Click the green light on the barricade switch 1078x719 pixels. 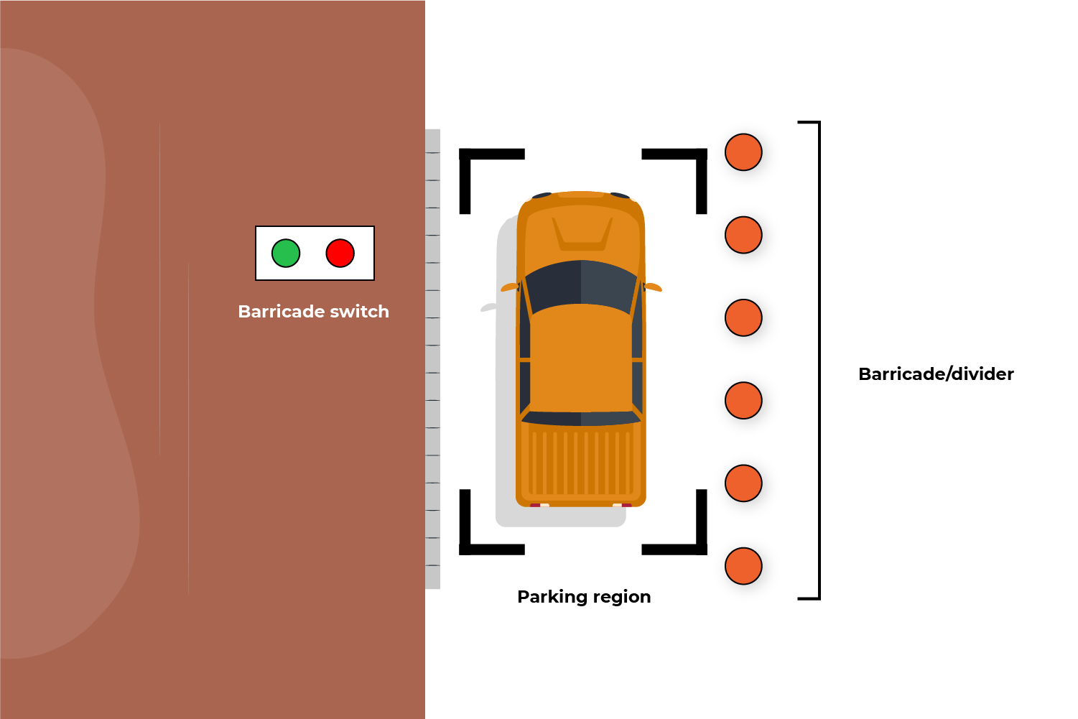coord(286,253)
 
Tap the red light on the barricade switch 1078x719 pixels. coord(340,253)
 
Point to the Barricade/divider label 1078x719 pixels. coord(936,374)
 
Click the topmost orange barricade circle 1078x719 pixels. coord(743,152)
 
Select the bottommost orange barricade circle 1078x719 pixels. coord(743,566)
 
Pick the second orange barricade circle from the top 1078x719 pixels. coord(743,235)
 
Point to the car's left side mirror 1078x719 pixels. coord(508,287)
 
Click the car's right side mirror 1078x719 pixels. coord(654,287)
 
